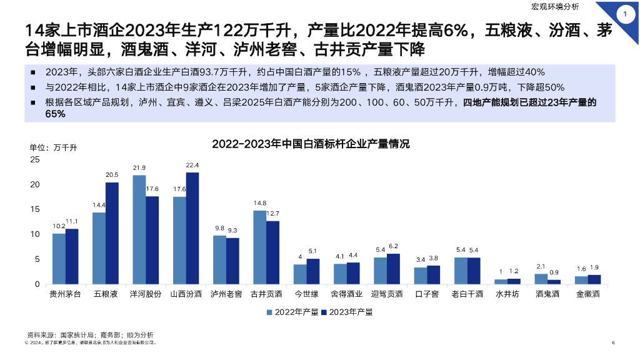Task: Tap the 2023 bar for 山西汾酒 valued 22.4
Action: pos(192,228)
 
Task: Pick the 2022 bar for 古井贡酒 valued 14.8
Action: pos(259,247)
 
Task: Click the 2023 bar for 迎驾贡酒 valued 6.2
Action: pos(393,269)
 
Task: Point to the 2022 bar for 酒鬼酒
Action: pos(541,279)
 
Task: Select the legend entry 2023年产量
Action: pos(346,311)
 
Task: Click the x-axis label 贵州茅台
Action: pos(66,294)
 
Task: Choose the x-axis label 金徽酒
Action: pos(588,294)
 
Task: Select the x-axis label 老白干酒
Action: pos(467,294)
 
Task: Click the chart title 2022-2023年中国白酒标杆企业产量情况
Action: pos(311,144)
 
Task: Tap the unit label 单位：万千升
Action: pos(53,147)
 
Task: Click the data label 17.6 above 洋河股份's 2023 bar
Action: pos(153,189)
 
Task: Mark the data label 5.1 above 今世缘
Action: pos(314,251)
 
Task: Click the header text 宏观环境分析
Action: pos(555,7)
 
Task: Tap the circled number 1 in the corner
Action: pos(625,13)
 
